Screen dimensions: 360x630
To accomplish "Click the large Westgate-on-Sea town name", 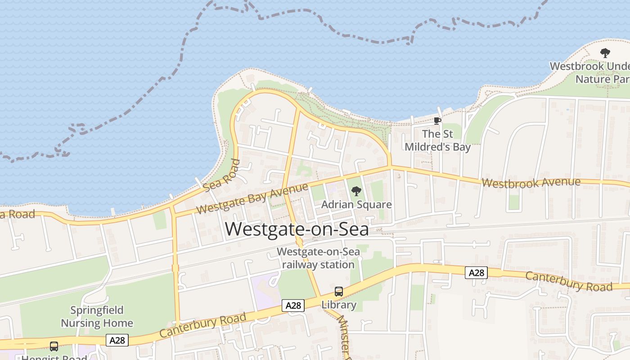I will click(297, 229).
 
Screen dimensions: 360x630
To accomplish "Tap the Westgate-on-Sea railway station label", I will click(318, 258).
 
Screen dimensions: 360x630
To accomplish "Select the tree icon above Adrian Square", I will click(356, 191).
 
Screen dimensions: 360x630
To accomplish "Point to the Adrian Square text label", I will click(356, 205).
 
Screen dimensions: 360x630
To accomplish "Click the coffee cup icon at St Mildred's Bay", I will click(436, 121).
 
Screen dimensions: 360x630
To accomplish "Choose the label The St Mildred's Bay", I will click(437, 140).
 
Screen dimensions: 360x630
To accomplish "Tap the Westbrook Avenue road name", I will click(531, 182).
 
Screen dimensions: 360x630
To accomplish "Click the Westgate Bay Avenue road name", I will click(252, 198).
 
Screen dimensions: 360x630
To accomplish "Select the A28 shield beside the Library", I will click(293, 306).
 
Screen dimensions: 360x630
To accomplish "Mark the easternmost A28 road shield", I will click(476, 273).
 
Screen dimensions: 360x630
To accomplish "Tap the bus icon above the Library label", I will click(339, 292).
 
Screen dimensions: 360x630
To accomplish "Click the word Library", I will click(339, 305).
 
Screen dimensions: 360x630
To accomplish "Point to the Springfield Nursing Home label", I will click(97, 317).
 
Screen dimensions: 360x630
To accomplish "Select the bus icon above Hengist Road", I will click(54, 346).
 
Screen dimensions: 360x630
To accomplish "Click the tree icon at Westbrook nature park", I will click(605, 53).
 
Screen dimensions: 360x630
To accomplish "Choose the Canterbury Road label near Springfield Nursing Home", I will click(203, 325).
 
